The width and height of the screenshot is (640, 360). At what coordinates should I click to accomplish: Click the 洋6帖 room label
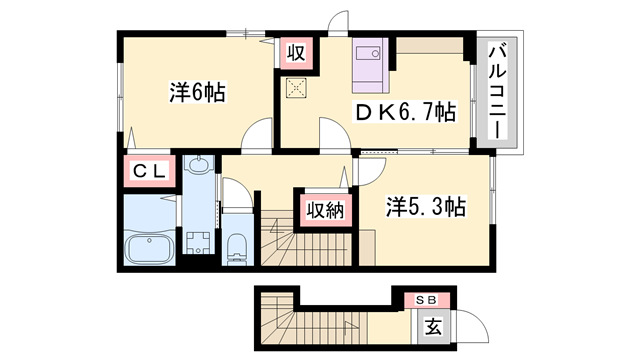click(198, 92)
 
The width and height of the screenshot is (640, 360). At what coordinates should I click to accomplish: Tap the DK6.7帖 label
click(405, 112)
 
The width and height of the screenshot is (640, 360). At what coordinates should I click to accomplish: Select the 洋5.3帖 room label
click(426, 207)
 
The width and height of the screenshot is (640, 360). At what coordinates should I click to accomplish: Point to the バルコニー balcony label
click(498, 92)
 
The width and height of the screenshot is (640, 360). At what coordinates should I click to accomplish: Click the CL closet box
click(150, 171)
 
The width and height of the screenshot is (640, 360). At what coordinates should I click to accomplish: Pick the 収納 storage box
click(325, 210)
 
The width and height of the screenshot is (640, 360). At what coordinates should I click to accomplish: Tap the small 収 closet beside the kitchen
click(296, 53)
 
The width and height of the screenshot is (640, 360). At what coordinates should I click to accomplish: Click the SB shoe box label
click(427, 300)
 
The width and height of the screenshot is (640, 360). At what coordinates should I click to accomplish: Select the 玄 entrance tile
click(433, 327)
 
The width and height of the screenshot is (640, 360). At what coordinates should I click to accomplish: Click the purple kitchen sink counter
click(371, 65)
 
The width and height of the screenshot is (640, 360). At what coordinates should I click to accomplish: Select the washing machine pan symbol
click(198, 242)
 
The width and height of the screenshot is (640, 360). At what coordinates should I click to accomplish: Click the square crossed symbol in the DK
click(297, 88)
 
